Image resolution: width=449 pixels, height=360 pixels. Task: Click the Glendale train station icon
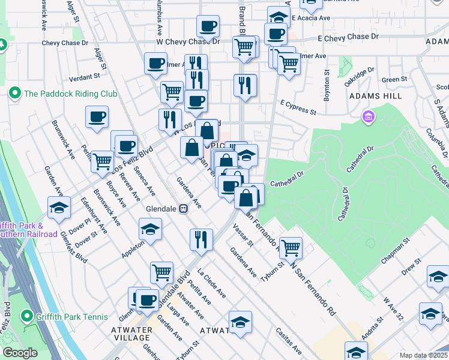pyautogui.click(x=184, y=209)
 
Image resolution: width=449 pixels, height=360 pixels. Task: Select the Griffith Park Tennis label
pyautogui.click(x=71, y=316)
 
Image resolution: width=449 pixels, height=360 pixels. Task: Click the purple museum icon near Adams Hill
pyautogui.click(x=368, y=115)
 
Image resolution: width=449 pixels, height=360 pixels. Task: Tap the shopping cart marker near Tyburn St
pyautogui.click(x=291, y=247)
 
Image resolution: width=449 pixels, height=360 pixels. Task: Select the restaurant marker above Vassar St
pyautogui.click(x=201, y=239)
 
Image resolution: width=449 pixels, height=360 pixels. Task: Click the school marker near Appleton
pyautogui.click(x=150, y=229)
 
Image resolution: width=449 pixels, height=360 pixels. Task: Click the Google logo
pyautogui.click(x=19, y=353)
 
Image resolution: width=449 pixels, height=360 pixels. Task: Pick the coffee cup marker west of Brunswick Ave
pyautogui.click(x=96, y=117)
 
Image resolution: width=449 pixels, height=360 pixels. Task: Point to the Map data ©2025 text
pyautogui.click(x=424, y=355)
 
